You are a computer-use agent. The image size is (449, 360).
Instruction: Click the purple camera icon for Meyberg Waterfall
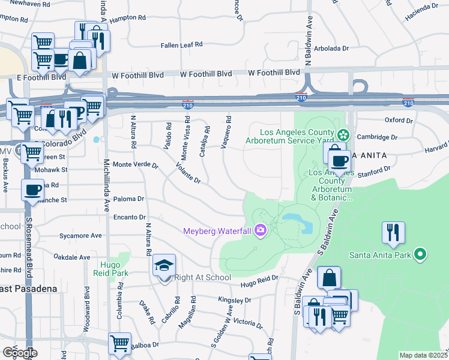click(260, 230)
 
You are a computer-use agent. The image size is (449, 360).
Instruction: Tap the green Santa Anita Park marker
click(421, 254)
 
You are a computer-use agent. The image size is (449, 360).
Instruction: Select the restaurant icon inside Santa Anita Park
click(393, 232)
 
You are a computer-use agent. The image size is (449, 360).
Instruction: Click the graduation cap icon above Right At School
click(163, 265)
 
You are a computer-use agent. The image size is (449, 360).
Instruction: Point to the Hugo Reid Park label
click(110, 267)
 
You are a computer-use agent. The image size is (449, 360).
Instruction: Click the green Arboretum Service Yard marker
click(343, 133)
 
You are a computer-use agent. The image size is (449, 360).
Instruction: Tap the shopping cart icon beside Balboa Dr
click(119, 344)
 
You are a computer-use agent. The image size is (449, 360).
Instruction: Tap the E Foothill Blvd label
click(41, 77)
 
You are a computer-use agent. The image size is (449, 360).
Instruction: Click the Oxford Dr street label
click(399, 120)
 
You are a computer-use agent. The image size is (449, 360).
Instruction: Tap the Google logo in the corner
click(19, 353)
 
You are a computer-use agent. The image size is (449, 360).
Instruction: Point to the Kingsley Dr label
click(234, 300)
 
